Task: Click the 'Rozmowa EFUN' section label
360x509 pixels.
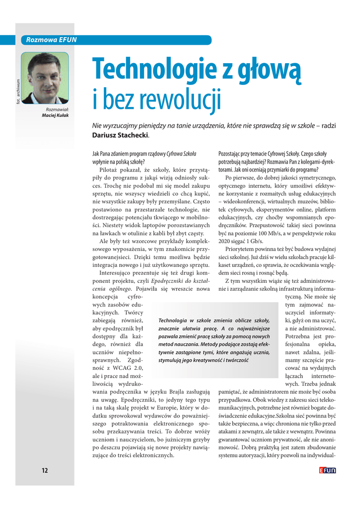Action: [48, 40]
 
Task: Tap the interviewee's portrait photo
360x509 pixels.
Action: [45, 78]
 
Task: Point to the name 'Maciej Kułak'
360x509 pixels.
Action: [56, 115]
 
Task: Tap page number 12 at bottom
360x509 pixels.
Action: [45, 471]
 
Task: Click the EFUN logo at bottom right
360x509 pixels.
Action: [328, 470]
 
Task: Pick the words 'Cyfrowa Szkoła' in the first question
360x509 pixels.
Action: [181, 154]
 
